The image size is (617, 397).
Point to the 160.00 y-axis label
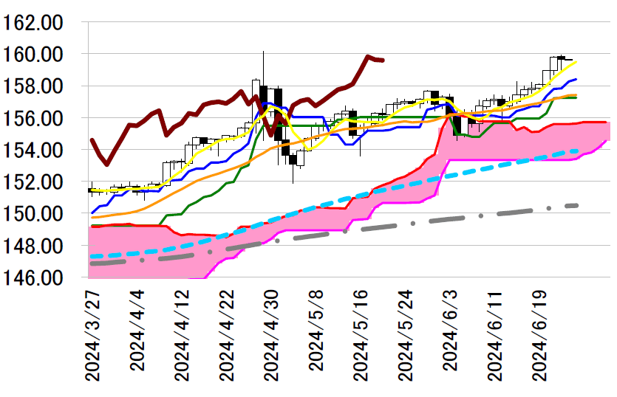click(x=33, y=54)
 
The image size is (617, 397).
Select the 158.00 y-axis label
click(x=33, y=86)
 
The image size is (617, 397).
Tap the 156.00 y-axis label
click(x=33, y=117)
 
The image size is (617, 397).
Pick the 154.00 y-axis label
click(x=33, y=149)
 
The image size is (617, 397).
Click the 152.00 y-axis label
click(x=33, y=181)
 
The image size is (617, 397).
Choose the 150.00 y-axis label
click(x=33, y=213)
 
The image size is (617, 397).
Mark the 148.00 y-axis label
click(x=33, y=244)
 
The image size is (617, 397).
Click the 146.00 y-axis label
click(x=33, y=277)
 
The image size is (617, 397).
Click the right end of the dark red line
click(x=382, y=60)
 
